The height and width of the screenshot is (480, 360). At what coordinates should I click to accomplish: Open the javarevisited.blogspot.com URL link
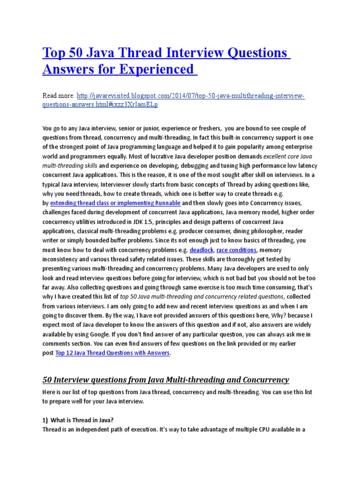point(173,100)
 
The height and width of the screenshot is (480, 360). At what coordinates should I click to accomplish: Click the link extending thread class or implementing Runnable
point(115,202)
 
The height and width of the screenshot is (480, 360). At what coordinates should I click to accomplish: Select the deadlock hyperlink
point(201,249)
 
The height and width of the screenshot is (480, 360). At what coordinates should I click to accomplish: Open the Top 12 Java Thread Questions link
point(112,352)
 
